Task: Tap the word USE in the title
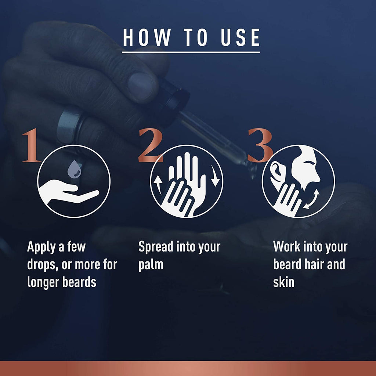tap(241, 37)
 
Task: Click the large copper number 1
tap(31, 145)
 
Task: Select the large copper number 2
tap(150, 145)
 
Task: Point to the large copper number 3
tap(260, 145)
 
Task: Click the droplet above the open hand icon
tap(74, 169)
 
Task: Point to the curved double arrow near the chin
tap(311, 199)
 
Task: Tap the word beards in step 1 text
tap(79, 282)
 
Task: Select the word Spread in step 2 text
tap(156, 247)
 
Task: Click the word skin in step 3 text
tap(283, 282)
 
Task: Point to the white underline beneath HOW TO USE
tap(191, 52)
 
